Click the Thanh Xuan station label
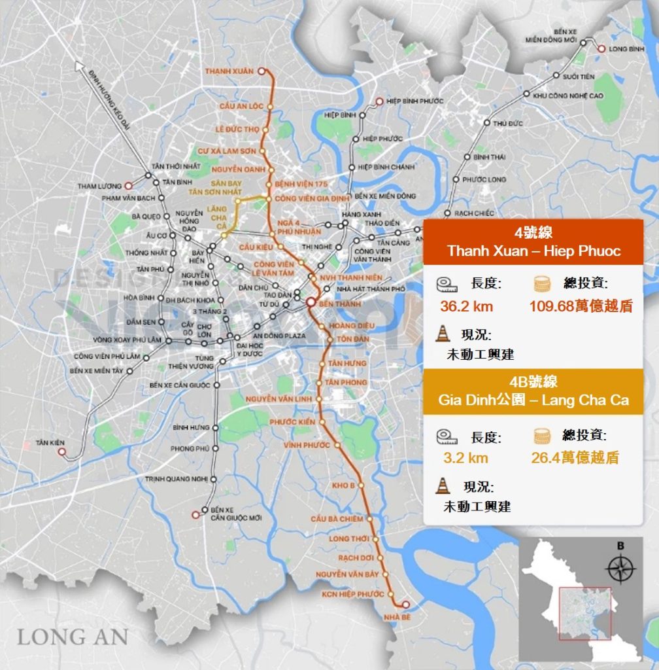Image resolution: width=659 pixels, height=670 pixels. tap(229, 71)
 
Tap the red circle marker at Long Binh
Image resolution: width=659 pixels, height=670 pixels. tap(601, 48)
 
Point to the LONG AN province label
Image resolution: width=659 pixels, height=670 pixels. tap(72, 636)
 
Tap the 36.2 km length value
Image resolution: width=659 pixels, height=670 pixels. tap(467, 306)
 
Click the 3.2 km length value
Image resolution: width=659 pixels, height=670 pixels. tap(465, 457)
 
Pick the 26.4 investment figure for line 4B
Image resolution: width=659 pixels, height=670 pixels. tap(575, 457)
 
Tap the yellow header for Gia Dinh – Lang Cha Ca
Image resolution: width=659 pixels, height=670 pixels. tap(533, 392)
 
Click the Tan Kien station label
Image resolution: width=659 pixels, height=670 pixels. tap(52, 443)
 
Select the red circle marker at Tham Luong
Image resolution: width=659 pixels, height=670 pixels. tap(129, 186)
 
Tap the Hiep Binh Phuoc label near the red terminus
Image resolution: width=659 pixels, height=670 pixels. tap(414, 101)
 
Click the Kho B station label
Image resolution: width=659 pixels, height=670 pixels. tap(343, 485)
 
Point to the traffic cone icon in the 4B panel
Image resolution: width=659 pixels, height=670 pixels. tap(444, 486)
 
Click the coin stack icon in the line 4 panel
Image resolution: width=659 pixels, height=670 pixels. tap(542, 284)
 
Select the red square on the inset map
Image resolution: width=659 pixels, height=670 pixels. tap(585, 613)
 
